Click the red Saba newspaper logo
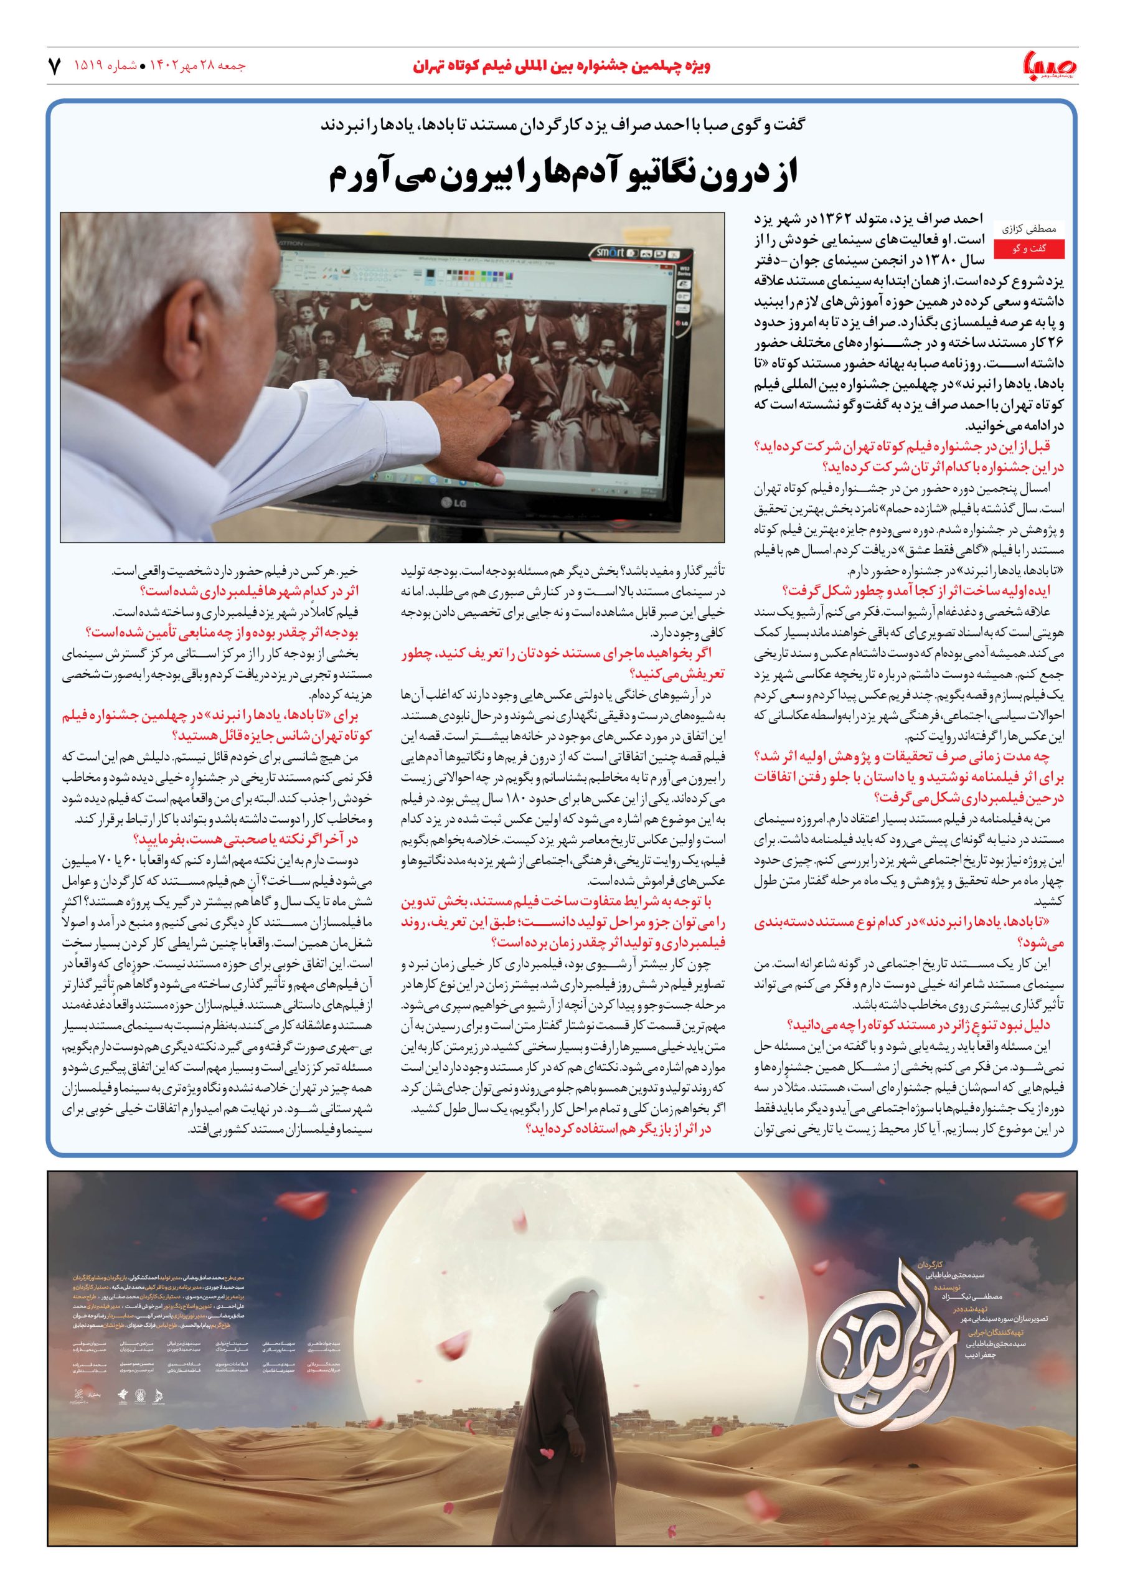pos(1049,67)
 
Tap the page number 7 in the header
pos(55,67)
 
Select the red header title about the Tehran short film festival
pos(562,67)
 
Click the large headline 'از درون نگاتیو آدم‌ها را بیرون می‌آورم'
pos(563,175)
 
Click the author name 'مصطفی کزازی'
pos(1029,228)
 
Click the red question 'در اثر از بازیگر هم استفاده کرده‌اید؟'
pos(618,1129)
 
